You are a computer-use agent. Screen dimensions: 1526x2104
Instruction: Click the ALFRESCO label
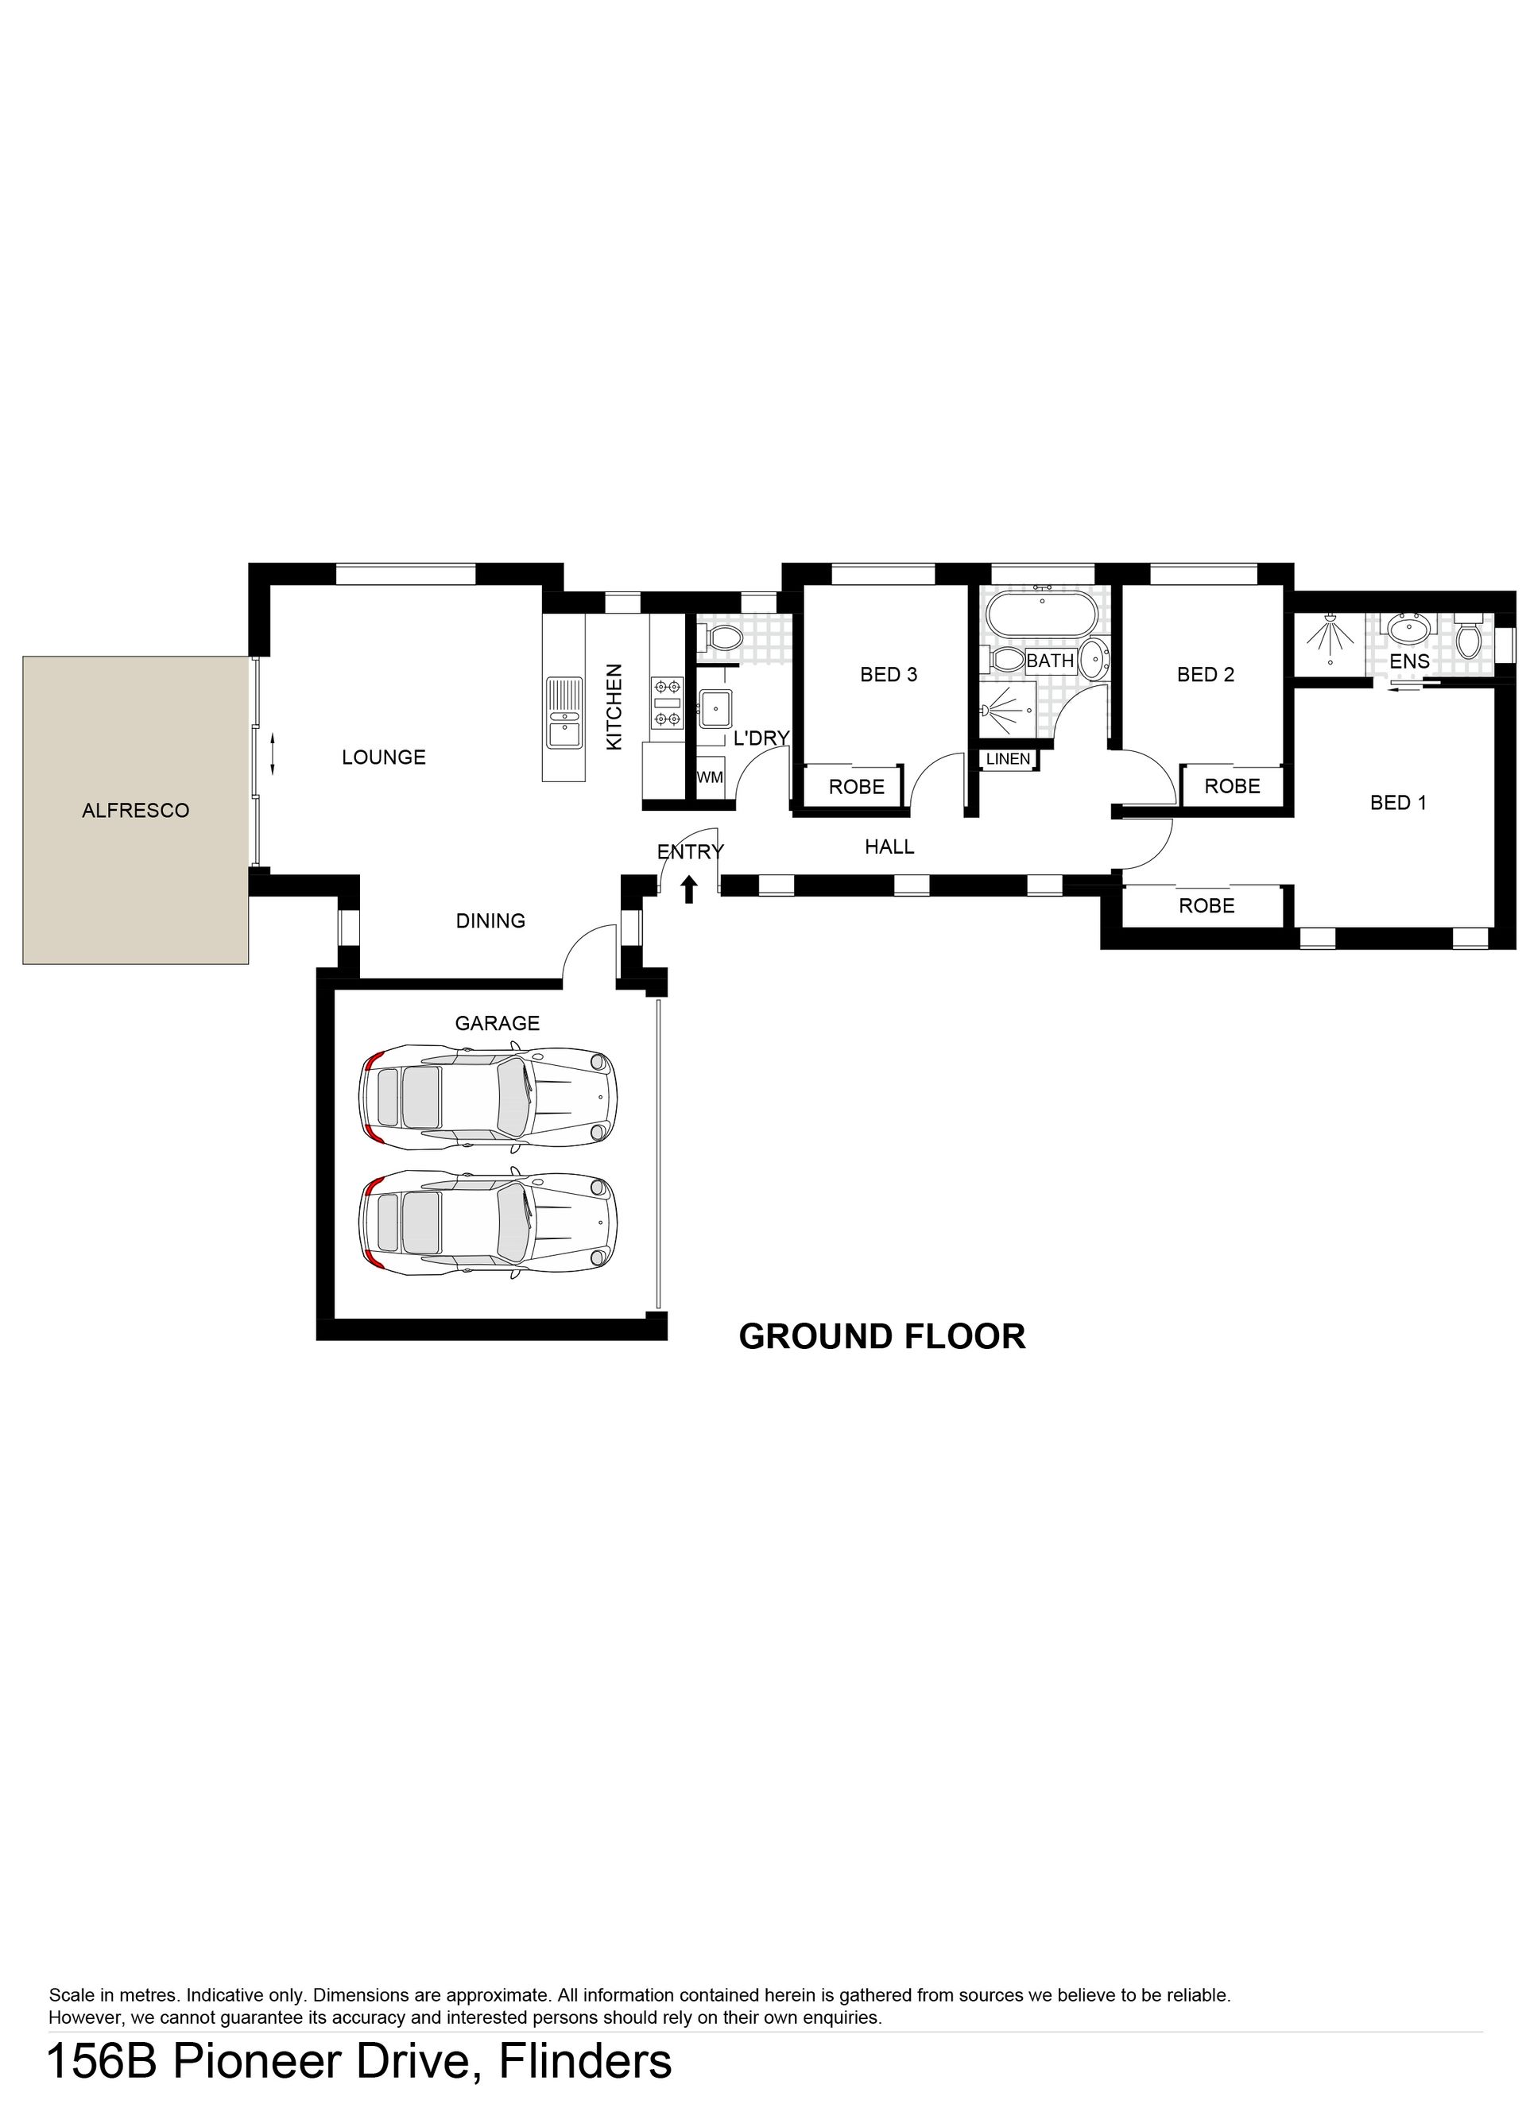pyautogui.click(x=135, y=811)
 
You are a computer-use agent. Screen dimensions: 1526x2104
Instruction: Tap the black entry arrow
pyautogui.click(x=689, y=890)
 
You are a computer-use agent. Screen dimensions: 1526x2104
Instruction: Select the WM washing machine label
pyautogui.click(x=710, y=777)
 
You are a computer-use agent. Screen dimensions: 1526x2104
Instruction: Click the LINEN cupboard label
pyautogui.click(x=1009, y=759)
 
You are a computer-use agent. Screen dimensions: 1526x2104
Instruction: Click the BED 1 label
pyautogui.click(x=1398, y=804)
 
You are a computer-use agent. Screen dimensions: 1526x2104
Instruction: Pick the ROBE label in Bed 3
pyautogui.click(x=856, y=788)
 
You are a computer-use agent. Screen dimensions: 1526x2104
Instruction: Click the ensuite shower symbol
pyautogui.click(x=1330, y=637)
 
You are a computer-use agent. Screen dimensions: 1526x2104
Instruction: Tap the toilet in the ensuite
pyautogui.click(x=1467, y=634)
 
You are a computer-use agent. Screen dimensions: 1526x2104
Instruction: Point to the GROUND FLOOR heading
pyautogui.click(x=882, y=1337)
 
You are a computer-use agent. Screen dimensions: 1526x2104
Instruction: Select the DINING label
pyautogui.click(x=490, y=921)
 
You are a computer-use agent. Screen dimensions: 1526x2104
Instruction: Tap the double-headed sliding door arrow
pyautogui.click(x=272, y=755)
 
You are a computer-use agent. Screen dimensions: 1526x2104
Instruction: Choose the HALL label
pyautogui.click(x=889, y=847)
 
